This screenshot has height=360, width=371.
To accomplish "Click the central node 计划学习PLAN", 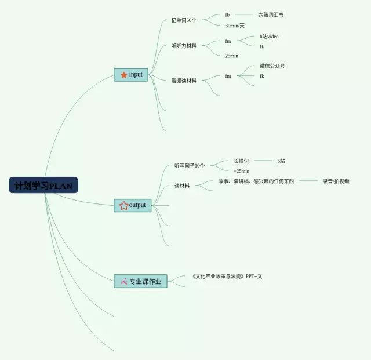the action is click(43, 186).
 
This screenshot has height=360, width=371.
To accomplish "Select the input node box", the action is click(131, 75).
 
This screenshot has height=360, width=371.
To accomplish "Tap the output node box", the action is click(132, 205).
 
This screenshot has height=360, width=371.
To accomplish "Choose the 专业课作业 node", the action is click(140, 282).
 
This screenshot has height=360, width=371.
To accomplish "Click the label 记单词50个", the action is click(184, 20).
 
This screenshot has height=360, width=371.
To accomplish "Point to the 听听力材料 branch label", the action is click(184, 46).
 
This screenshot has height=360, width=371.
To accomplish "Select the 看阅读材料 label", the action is click(184, 81).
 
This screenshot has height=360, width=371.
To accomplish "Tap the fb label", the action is click(227, 14).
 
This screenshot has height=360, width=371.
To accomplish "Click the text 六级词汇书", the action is click(271, 14).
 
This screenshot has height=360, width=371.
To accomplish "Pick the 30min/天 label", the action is click(235, 26).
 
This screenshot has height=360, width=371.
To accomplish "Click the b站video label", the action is click(269, 37).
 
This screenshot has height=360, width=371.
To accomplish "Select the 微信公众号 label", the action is click(272, 66).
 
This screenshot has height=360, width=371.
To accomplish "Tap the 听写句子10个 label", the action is click(190, 165).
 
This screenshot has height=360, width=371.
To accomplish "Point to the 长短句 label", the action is click(241, 161).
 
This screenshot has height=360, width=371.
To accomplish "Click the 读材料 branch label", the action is click(182, 186).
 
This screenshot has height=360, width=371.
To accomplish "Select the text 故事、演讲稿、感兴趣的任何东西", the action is click(256, 181).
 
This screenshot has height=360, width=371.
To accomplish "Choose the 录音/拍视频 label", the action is click(336, 181).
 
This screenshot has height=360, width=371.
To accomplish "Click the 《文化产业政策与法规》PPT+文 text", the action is click(227, 277).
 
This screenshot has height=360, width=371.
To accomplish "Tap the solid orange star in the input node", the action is click(123, 75).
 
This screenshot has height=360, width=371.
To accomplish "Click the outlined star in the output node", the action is click(123, 205).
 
